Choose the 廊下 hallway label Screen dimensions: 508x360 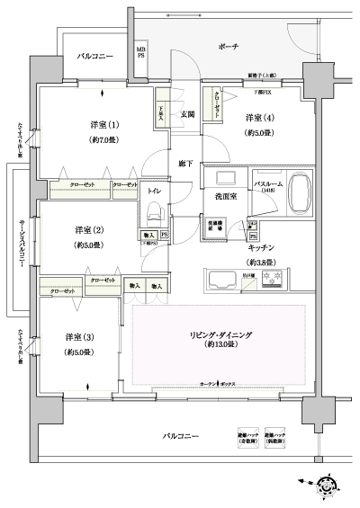184,164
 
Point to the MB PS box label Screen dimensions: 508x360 140,51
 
